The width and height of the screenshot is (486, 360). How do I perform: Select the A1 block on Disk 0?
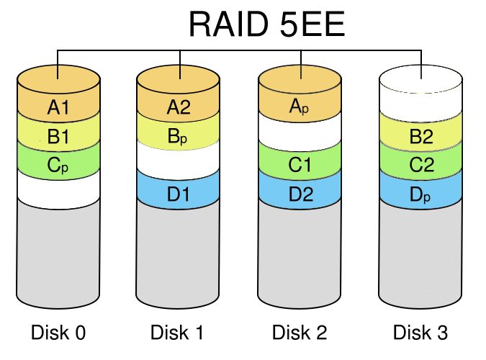coord(58,108)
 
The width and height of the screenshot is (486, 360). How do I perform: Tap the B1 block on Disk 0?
coord(58,135)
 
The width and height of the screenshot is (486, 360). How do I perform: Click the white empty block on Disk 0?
coord(58,189)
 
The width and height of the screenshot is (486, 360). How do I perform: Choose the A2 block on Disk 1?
coord(179,108)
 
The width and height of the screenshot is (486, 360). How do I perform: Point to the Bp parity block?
coord(179,135)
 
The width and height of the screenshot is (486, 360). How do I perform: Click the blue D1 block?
coord(179,192)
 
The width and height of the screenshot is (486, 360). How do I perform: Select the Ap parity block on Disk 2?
coord(300,108)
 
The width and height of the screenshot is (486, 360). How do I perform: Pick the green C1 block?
coord(300,166)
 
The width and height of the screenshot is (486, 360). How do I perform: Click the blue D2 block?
coord(300,192)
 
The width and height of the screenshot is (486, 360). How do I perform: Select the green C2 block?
coord(420,166)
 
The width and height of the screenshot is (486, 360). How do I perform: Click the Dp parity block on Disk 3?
coord(420,192)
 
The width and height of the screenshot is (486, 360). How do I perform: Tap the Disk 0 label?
coord(58,333)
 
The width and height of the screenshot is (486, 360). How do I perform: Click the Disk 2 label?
coord(300,333)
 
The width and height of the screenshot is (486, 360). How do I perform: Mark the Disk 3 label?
coord(420,333)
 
